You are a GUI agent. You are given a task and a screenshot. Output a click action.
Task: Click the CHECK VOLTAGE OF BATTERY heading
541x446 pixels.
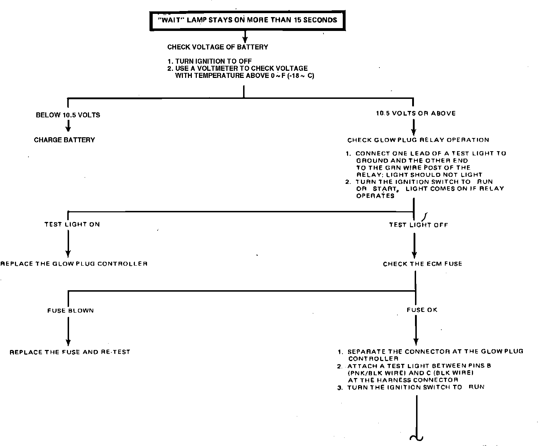point(217,47)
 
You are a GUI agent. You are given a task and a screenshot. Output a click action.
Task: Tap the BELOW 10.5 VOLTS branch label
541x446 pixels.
point(68,115)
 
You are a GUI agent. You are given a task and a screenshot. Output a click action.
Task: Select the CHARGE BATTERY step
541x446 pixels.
point(64,140)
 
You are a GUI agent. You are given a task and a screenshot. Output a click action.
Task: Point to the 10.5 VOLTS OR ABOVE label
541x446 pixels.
point(416,113)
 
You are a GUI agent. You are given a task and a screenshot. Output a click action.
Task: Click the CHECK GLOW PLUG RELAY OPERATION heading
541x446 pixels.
point(418,140)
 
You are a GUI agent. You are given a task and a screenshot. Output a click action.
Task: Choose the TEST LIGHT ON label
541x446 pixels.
point(72,224)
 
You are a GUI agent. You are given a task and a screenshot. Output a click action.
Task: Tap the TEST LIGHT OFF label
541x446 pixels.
point(418,225)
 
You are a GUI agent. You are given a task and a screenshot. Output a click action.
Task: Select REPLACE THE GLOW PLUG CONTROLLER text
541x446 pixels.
point(74,264)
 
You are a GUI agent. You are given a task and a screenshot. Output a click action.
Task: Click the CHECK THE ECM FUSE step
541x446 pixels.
point(422,264)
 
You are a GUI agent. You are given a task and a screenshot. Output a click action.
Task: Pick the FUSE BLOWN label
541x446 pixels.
point(70,310)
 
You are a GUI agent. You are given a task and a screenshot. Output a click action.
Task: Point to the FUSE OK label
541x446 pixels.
point(422,310)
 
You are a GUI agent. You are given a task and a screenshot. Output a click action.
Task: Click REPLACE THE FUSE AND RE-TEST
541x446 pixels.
point(70,352)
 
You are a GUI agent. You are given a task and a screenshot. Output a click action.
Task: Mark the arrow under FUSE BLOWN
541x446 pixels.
point(68,331)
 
